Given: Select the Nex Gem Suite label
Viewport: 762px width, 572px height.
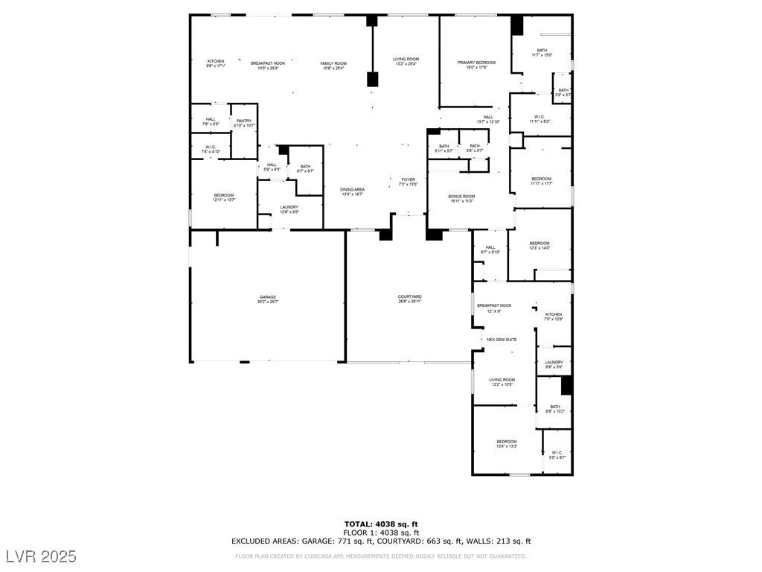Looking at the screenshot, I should [x=502, y=340].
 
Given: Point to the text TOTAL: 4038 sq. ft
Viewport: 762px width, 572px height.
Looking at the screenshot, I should [x=380, y=524].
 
